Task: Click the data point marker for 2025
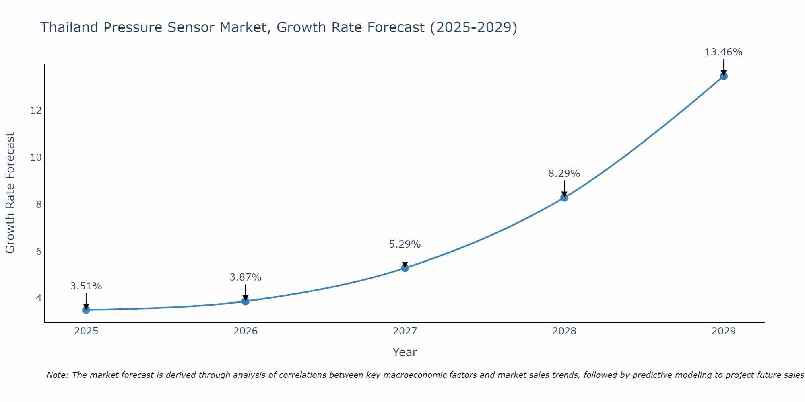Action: coord(86,310)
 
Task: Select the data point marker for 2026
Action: coord(246,301)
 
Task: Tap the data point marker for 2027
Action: coord(405,268)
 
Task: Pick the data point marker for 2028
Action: coord(564,197)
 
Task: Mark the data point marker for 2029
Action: coord(724,76)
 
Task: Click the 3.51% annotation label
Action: coord(86,286)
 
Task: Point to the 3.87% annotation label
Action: coord(246,277)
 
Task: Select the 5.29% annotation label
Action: coord(405,244)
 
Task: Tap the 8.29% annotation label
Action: coord(564,174)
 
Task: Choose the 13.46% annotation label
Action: coord(723,52)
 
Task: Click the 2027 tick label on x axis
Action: coord(405,331)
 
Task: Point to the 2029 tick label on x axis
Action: coord(723,331)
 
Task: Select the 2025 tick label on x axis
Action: coord(86,331)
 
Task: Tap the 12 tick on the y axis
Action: coord(36,110)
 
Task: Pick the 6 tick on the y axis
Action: coord(39,252)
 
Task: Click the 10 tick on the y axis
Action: coord(36,157)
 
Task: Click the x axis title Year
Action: coord(405,352)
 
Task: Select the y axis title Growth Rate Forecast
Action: coord(10,193)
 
